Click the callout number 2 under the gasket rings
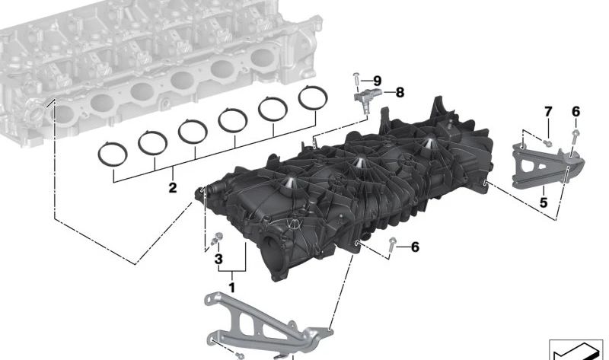click(173, 188)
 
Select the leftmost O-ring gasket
click(113, 155)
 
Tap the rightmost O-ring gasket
click(313, 97)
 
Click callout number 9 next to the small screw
click(377, 81)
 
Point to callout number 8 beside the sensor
click(400, 92)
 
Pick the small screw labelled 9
click(356, 81)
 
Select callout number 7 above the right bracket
click(548, 112)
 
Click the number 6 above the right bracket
click(576, 112)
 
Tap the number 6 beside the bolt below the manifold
click(415, 247)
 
